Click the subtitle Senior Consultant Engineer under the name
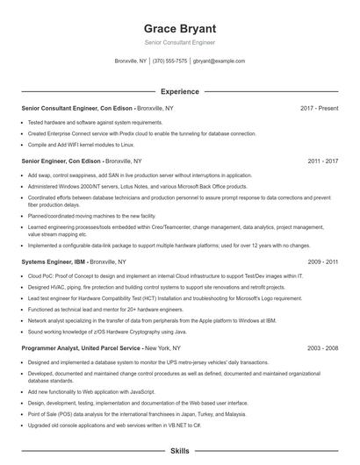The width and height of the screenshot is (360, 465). coord(179,42)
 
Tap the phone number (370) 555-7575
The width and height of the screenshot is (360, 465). coord(169,61)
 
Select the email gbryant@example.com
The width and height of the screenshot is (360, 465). coord(219,61)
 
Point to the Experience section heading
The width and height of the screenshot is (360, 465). coord(179,91)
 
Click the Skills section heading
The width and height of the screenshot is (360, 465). coord(179,450)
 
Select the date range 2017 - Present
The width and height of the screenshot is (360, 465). coord(319,108)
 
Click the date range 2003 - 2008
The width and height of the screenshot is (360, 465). coord(322,348)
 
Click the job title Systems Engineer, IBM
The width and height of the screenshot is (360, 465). coord(54,261)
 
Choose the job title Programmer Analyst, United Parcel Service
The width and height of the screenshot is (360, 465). coord(80,348)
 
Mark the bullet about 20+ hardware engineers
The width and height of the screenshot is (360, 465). coord(104,310)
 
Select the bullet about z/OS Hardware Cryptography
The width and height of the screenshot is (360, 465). coord(109,333)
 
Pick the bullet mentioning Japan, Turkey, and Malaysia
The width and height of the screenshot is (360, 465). coord(136,413)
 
